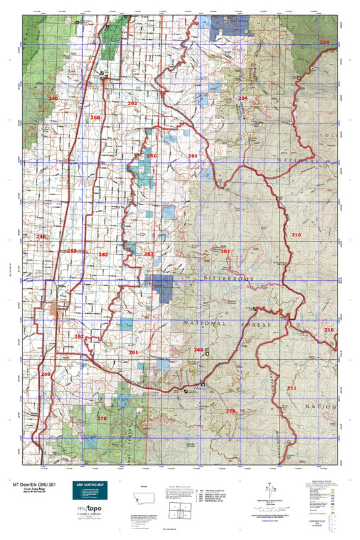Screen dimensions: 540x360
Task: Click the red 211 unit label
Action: point(291,388)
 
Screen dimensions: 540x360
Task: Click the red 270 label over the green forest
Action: point(102,418)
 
